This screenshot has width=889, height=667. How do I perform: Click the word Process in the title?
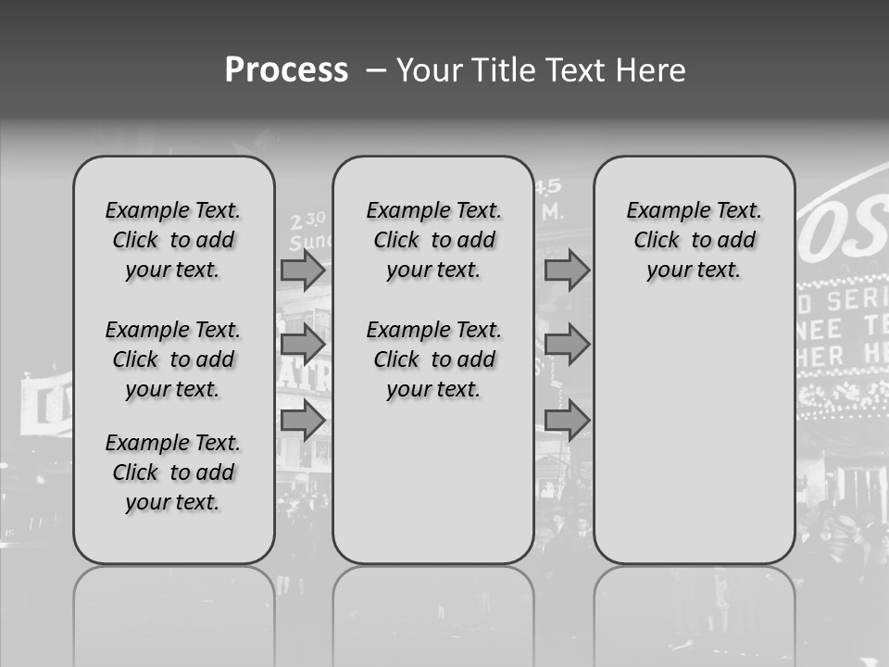pos(286,70)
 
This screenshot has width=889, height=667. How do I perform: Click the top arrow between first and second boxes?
pos(303,270)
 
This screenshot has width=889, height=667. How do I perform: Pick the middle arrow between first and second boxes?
pos(303,345)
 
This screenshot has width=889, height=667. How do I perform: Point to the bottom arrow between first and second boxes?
pos(303,421)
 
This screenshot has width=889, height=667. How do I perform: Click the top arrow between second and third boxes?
pos(567,270)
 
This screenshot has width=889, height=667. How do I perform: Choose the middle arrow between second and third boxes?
pos(567,345)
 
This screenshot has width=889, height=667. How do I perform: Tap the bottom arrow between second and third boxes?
pos(567,421)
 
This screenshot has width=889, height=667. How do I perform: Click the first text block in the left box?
pos(173,240)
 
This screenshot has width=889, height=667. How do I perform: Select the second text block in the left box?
pos(173,359)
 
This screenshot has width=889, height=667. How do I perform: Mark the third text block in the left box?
pos(173,472)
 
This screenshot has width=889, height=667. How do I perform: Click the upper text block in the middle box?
pos(433,240)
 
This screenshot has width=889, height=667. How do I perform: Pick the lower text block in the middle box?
pos(433,359)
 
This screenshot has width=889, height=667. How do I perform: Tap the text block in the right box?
pos(694,240)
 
